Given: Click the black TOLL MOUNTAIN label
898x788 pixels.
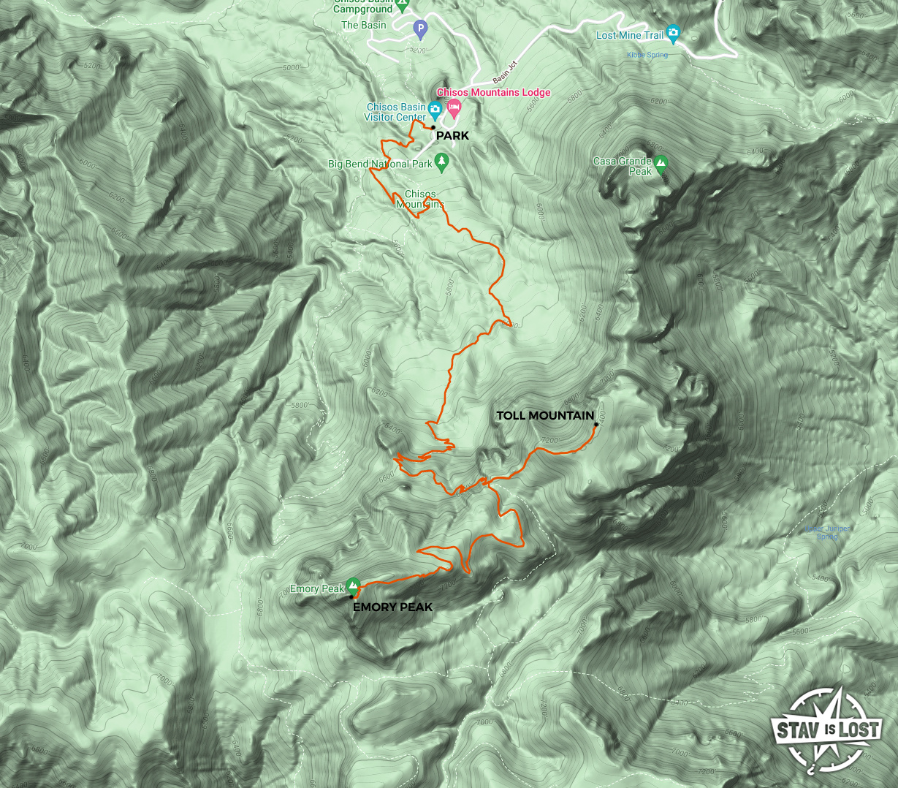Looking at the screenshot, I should (544, 416).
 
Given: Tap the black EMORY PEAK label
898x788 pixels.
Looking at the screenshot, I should (392, 607).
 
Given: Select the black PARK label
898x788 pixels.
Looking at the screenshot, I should (452, 136).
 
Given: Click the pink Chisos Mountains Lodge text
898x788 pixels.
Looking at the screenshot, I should (493, 93).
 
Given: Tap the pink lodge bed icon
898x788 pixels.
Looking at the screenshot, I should (454, 110).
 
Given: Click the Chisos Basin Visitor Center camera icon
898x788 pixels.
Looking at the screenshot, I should (435, 111).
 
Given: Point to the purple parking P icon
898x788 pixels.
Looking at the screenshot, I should (419, 29).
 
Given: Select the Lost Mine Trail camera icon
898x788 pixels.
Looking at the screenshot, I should (673, 33).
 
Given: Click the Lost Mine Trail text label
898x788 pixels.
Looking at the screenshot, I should (629, 35).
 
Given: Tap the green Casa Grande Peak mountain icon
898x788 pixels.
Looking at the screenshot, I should (661, 162).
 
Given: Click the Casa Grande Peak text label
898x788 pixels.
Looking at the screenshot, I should (623, 166).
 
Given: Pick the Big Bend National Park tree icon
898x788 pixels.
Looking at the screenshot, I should (441, 161).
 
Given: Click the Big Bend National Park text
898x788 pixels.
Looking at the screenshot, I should (380, 164).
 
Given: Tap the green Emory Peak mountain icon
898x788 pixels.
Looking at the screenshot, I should (353, 585).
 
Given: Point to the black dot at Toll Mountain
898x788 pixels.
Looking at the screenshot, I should (596, 424).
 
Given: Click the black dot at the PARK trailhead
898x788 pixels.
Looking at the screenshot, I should (433, 127).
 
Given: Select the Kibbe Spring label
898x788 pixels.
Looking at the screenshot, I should (647, 55).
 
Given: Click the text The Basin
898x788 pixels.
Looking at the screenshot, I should (363, 25).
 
